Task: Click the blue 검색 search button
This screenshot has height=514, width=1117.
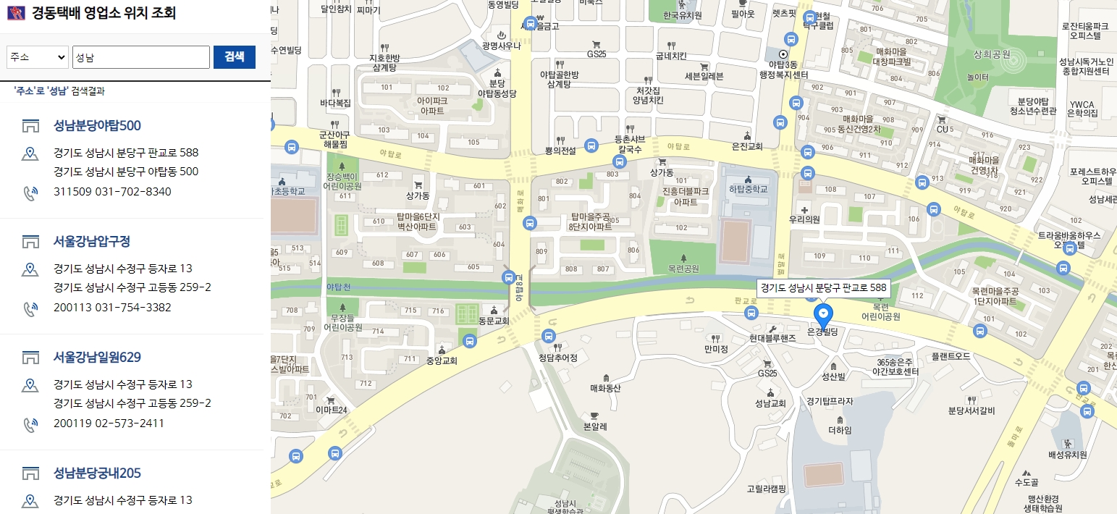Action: pyautogui.click(x=234, y=57)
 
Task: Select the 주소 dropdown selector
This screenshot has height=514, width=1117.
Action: pyautogui.click(x=37, y=57)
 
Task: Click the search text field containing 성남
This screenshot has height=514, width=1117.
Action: pyautogui.click(x=140, y=57)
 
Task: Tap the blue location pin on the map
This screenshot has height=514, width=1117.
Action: pyautogui.click(x=823, y=315)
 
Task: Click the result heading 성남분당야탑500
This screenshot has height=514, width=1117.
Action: pyautogui.click(x=97, y=125)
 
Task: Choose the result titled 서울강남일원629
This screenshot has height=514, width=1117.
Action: pyautogui.click(x=97, y=357)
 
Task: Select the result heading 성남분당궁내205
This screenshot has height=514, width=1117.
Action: pyautogui.click(x=97, y=473)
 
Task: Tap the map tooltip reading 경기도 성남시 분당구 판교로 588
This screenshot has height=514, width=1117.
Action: pyautogui.click(x=823, y=287)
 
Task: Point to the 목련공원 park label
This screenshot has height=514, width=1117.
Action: pyautogui.click(x=684, y=269)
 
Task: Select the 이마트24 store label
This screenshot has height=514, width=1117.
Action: pyautogui.click(x=332, y=410)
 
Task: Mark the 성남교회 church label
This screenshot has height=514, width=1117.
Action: pyautogui.click(x=770, y=403)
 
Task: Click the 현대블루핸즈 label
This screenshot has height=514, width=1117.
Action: pyautogui.click(x=772, y=337)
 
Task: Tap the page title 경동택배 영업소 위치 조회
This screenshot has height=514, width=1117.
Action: pyautogui.click(x=104, y=13)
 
